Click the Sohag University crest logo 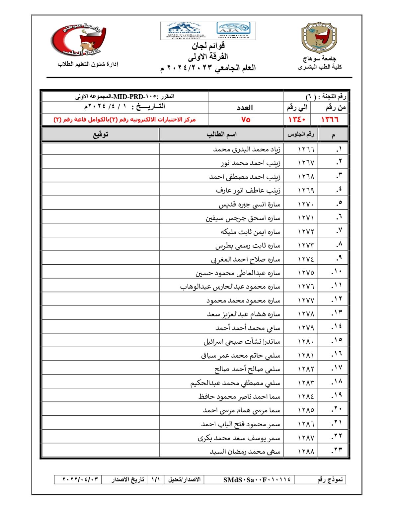[x=319, y=38]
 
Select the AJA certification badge [x=234, y=30]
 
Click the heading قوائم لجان [x=208, y=45]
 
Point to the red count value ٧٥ [x=246, y=120]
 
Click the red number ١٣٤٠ [x=296, y=120]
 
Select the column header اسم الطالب [x=221, y=134]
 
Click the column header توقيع [x=101, y=134]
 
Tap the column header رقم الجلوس [x=300, y=134]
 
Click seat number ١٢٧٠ [x=306, y=204]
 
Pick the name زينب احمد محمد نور [x=250, y=163]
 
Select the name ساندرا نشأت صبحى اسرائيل [x=242, y=342]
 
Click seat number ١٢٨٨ [x=306, y=452]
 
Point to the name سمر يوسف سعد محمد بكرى [x=239, y=438]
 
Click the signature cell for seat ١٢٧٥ [x=101, y=273]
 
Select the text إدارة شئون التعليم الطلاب [x=88, y=64]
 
